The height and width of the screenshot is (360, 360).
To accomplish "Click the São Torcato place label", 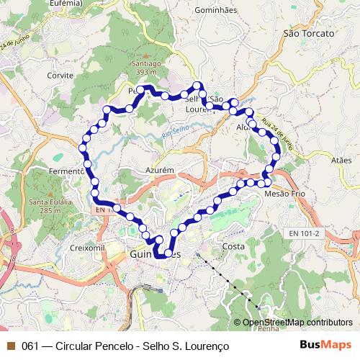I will coord(309,34).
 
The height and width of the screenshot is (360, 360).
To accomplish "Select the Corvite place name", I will coord(60,75).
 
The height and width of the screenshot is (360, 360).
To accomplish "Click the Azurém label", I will coord(161,170).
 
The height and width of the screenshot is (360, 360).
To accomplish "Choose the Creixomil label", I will coord(89,247).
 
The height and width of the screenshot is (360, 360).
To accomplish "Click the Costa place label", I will coord(234,246).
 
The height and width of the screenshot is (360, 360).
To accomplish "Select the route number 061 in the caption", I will coord(30,346).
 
